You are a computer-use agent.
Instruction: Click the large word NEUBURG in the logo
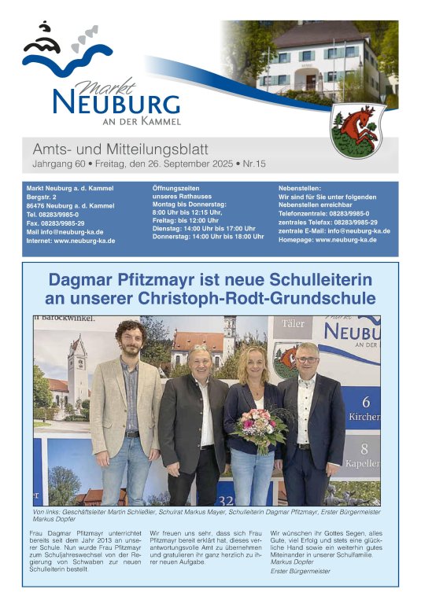(116, 103)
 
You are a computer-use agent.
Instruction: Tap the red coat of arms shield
(357, 129)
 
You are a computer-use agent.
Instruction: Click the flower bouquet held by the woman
(258, 429)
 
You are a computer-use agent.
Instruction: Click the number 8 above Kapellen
(364, 449)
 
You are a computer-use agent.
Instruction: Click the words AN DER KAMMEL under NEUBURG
(142, 121)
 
